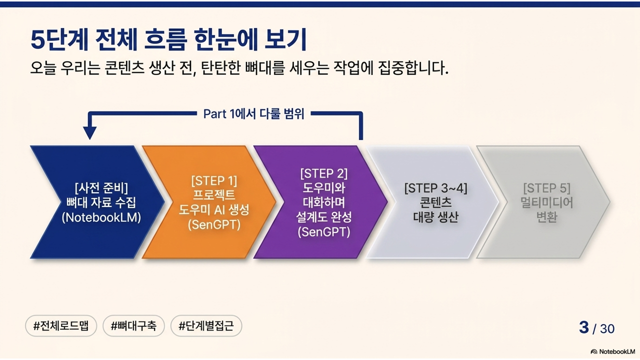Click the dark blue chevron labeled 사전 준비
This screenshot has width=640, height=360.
95,202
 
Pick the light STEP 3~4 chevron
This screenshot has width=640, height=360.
433,202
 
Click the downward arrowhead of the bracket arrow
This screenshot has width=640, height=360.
90,132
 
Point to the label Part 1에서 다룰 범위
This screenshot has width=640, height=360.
253,113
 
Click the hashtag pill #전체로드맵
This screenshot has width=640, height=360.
60,326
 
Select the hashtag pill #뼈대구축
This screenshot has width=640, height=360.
133,326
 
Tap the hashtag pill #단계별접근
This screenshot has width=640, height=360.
206,326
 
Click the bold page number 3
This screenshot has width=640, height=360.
583,327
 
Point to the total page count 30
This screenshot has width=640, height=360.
607,328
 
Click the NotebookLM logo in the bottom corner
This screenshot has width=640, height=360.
613,351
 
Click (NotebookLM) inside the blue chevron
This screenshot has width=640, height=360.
101,218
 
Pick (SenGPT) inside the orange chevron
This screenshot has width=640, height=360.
214,224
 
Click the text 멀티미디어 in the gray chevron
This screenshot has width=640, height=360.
546,203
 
